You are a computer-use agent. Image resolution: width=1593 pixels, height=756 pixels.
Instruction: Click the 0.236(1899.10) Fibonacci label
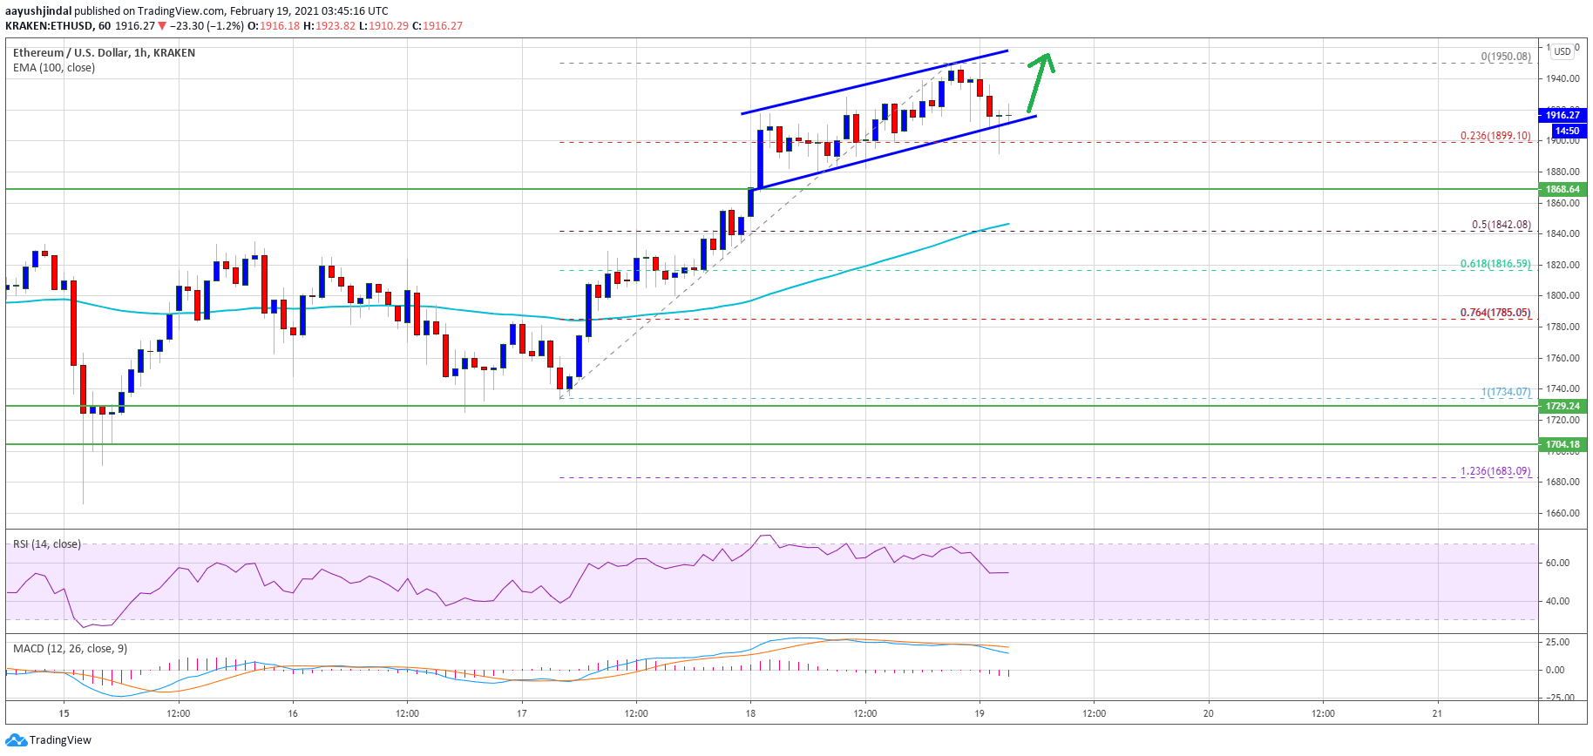(1495, 136)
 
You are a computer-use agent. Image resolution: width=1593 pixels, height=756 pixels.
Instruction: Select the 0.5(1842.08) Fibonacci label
(1501, 225)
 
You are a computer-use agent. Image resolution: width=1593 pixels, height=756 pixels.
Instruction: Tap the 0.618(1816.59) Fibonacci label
(1495, 264)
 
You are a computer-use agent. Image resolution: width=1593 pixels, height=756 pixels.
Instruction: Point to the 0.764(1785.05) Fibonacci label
(1495, 313)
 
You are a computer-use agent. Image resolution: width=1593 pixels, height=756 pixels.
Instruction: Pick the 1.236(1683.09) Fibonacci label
(1495, 471)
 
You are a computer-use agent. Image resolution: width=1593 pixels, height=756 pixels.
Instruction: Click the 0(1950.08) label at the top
(1505, 57)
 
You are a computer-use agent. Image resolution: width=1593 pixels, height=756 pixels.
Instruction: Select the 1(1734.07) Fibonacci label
(1505, 392)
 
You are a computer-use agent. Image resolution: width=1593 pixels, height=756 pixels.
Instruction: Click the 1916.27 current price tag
(1562, 115)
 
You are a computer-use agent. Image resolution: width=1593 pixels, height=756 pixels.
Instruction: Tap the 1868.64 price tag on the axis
(1562, 189)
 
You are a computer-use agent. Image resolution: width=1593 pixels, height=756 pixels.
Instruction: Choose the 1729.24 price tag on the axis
(1562, 406)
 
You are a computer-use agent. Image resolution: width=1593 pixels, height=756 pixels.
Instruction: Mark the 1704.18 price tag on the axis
(1562, 444)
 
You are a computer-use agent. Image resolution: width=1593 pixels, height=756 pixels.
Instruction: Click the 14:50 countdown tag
(1566, 131)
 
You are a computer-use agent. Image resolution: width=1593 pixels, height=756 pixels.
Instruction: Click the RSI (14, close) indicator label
(47, 544)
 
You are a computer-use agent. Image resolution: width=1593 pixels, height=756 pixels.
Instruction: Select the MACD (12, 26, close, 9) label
(70, 649)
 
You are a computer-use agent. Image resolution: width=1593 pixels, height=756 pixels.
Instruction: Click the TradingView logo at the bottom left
(49, 740)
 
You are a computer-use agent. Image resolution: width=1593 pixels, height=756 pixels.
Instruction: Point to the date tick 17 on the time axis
(521, 713)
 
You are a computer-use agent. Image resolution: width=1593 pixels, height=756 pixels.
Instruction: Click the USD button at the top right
(1562, 51)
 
